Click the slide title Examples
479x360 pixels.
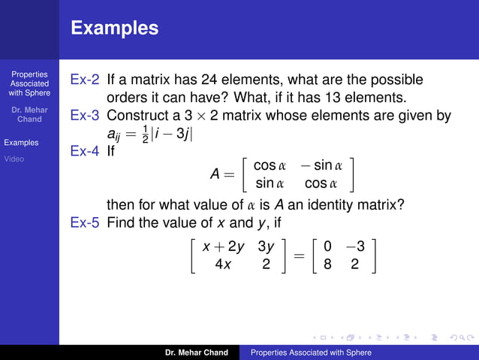click(x=115, y=29)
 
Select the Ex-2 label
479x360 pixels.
click(x=85, y=80)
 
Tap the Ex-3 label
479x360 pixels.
click(x=85, y=116)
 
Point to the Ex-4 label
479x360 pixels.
click(x=85, y=152)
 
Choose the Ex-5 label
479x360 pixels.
click(x=85, y=223)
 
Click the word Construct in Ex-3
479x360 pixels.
click(x=140, y=116)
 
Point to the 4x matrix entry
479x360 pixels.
click(x=223, y=265)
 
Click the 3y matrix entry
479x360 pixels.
click(x=266, y=247)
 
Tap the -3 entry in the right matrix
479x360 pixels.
click(x=354, y=247)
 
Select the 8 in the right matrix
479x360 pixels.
click(x=328, y=265)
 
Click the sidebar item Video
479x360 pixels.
click(x=14, y=159)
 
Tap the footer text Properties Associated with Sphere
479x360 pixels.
click(x=311, y=352)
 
